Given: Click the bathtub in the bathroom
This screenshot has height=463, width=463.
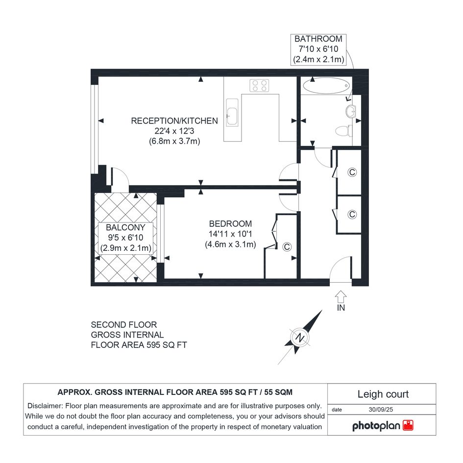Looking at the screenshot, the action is [x=326, y=86].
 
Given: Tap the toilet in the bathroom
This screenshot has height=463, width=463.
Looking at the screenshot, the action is [x=344, y=130].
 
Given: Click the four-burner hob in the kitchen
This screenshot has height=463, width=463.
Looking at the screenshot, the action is [x=259, y=85].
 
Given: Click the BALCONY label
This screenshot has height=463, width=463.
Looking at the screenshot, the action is [x=125, y=227].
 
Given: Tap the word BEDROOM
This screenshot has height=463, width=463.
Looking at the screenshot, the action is [x=230, y=223].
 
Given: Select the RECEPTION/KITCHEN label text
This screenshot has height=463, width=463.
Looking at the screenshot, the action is [x=174, y=121].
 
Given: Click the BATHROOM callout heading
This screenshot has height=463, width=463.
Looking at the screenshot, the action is [x=318, y=39].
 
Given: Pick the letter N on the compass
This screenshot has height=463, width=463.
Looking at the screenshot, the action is [x=300, y=338].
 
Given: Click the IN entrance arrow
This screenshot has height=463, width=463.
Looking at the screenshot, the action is [x=341, y=296].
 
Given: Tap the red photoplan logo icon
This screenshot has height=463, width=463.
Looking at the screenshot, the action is [x=408, y=425].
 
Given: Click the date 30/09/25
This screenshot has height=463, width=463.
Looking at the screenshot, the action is [x=381, y=410].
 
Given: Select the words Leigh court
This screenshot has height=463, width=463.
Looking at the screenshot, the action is [x=383, y=394].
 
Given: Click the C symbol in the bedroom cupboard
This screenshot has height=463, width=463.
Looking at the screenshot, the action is [x=287, y=247].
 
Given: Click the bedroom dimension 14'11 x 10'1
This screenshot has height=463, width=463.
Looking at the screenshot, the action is [x=230, y=234].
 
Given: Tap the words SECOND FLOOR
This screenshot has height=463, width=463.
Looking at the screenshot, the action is [x=124, y=325].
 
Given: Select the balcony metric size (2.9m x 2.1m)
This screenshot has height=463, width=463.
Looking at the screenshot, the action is [x=125, y=248].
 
